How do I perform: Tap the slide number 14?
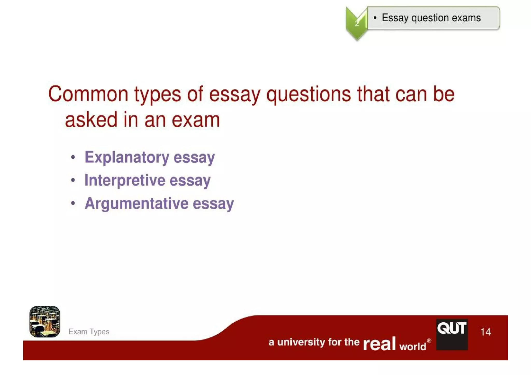click(x=485, y=332)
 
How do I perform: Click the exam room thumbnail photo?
click(x=45, y=322)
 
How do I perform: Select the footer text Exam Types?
click(x=89, y=332)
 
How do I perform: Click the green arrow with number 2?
click(x=357, y=23)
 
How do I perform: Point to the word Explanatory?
click(x=127, y=157)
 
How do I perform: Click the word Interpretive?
click(x=125, y=180)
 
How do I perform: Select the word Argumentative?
click(x=136, y=203)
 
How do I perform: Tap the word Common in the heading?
click(x=88, y=94)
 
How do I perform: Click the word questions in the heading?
click(x=309, y=94)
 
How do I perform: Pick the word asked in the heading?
click(x=91, y=120)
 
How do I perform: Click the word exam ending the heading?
click(x=196, y=120)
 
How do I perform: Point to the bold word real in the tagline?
click(x=379, y=344)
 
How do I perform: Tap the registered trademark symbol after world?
click(x=429, y=341)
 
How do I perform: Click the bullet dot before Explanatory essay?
click(x=73, y=157)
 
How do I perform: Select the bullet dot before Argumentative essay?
click(x=73, y=203)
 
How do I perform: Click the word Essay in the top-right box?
click(x=395, y=18)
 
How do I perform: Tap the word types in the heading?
click(x=157, y=94)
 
